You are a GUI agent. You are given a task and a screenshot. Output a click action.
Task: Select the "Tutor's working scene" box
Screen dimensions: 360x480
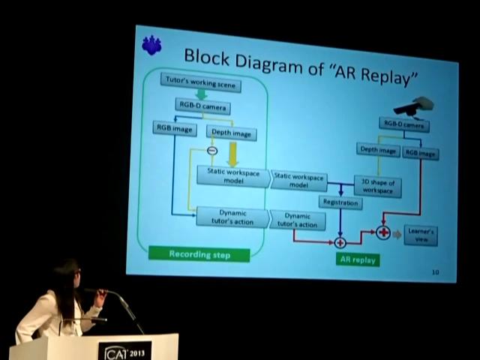199,83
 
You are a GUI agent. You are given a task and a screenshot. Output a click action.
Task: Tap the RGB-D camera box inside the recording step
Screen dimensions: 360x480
202,106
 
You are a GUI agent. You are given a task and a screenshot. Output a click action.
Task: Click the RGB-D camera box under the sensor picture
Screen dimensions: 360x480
404,125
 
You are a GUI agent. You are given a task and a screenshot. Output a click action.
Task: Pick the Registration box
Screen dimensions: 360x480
340,202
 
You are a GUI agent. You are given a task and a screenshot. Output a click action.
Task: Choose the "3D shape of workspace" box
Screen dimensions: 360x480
377,186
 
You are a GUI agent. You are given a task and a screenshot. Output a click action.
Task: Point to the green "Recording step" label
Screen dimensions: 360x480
199,254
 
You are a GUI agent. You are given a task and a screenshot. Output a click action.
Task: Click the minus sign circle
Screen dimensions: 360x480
211,151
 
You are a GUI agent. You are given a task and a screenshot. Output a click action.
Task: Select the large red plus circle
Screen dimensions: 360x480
383,232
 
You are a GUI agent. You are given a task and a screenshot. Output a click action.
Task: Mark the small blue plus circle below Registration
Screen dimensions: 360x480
340,242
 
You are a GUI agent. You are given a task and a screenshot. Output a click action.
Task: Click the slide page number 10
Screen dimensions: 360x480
435,271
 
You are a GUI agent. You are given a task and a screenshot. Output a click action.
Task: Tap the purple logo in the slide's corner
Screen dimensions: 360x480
151,46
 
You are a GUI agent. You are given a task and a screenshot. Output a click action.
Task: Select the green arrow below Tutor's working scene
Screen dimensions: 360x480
201,94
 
